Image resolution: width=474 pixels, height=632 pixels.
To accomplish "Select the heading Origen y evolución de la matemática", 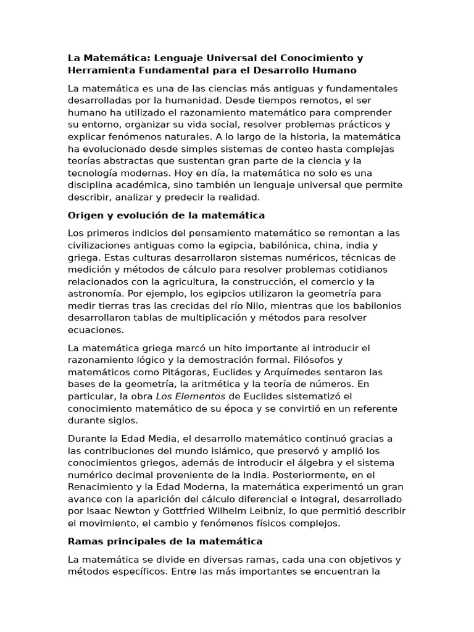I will coord(166,215).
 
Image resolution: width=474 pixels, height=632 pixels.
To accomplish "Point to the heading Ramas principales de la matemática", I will coord(165,541).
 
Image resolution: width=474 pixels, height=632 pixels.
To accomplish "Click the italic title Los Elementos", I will coord(190,396).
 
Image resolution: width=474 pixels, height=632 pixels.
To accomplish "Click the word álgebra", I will coord(297,463).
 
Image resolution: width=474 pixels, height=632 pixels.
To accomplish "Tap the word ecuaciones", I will coord(95,330).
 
